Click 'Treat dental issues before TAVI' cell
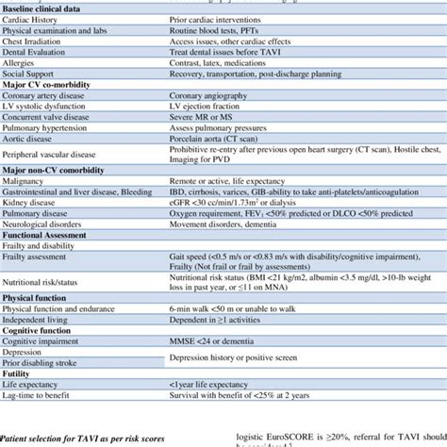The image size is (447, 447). pos(232,58)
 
